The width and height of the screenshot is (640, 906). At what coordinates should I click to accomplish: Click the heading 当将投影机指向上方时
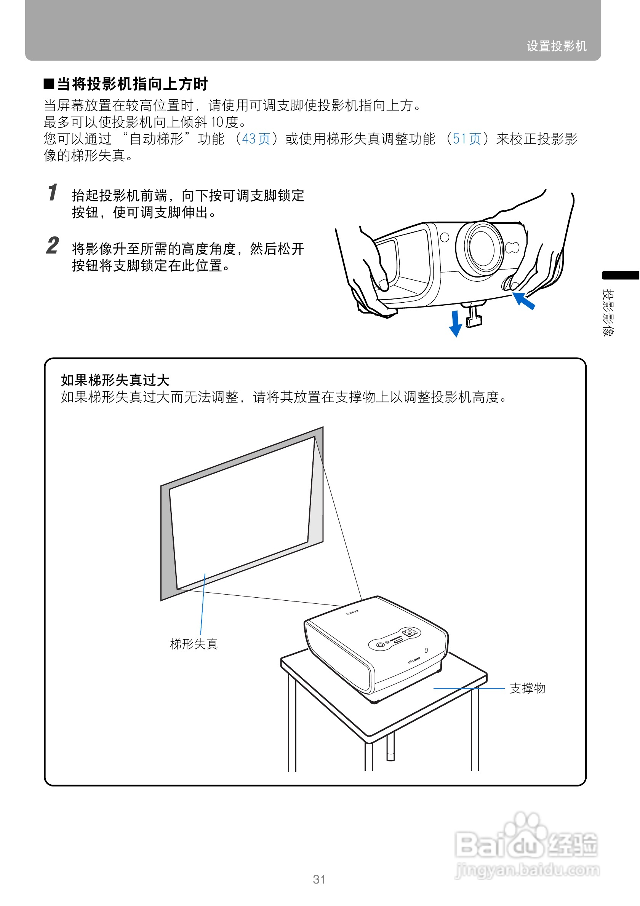pyautogui.click(x=132, y=84)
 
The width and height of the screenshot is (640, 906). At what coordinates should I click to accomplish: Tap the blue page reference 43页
pyautogui.click(x=256, y=139)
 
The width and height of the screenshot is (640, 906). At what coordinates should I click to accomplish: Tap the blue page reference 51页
pyautogui.click(x=466, y=139)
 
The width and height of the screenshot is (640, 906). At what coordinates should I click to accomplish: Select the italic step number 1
pyautogui.click(x=53, y=193)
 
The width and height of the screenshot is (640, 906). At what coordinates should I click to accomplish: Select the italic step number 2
pyautogui.click(x=53, y=246)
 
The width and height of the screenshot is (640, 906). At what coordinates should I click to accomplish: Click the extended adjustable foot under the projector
pyautogui.click(x=474, y=316)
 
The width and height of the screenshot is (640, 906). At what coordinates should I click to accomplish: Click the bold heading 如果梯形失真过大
pyautogui.click(x=115, y=380)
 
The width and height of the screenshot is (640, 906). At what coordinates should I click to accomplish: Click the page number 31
pyautogui.click(x=319, y=879)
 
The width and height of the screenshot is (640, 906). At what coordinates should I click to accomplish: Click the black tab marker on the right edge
pyautogui.click(x=620, y=275)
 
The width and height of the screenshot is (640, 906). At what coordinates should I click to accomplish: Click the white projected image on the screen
pyautogui.click(x=241, y=513)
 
